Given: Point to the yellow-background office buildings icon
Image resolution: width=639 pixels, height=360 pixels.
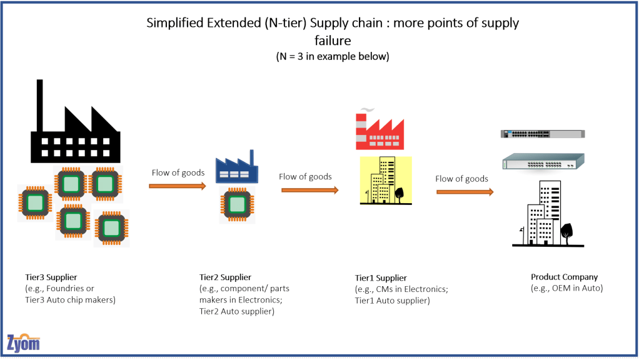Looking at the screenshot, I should tap(386, 181).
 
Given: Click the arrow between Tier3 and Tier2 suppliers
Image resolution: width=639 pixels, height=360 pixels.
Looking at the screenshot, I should tap(178, 186).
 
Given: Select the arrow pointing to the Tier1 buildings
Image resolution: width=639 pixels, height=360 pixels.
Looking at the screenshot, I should tap(309, 189).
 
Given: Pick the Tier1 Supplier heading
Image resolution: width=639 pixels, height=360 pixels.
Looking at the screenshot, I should tap(381, 277).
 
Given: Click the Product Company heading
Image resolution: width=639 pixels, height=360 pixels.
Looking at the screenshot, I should tap(564, 277).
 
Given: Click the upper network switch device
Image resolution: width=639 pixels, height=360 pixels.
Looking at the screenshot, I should tap(542, 133).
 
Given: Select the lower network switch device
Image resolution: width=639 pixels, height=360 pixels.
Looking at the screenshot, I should tap(543, 162).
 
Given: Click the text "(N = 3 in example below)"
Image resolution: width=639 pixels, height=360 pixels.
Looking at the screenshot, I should tap(333, 56).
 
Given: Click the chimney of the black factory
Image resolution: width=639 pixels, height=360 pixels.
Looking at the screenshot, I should tap(39, 104).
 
